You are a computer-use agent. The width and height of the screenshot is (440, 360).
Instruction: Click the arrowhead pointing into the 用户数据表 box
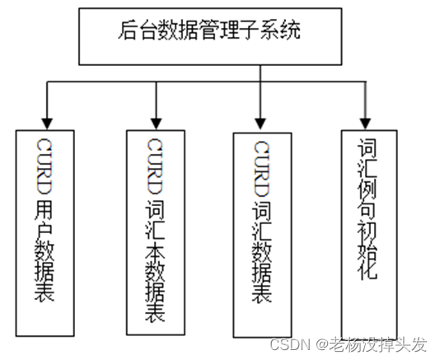click(47, 124)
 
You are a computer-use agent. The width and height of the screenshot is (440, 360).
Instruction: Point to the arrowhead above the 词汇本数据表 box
click(156, 124)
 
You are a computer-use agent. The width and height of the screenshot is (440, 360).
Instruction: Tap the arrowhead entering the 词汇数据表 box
click(260, 124)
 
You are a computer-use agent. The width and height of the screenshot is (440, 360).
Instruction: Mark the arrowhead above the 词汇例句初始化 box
click(365, 124)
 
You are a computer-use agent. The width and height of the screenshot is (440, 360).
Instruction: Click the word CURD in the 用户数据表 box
click(44, 166)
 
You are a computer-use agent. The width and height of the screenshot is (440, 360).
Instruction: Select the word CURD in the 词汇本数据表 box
click(155, 166)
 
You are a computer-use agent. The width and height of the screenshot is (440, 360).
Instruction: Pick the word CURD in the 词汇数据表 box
click(261, 169)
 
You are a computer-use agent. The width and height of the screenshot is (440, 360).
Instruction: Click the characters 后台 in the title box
click(137, 30)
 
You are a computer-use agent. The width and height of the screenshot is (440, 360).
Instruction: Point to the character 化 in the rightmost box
click(367, 269)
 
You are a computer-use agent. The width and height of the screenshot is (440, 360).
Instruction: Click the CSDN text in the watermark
click(290, 344)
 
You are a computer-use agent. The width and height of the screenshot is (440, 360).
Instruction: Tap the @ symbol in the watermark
click(322, 345)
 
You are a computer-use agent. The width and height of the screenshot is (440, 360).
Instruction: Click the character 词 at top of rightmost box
click(367, 147)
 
